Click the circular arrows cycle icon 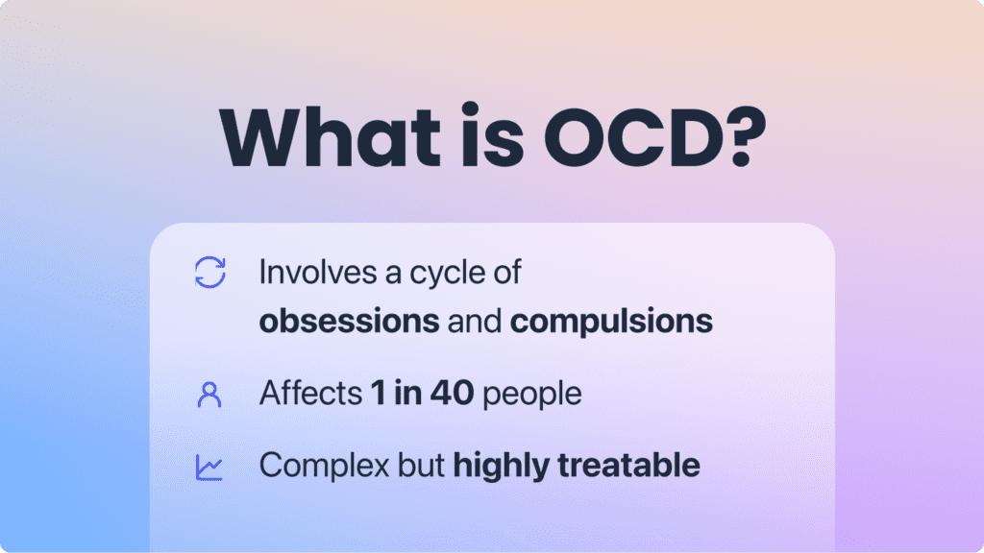[x=209, y=272]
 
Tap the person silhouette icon [x=209, y=394]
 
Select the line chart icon [x=209, y=467]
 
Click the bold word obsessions [x=348, y=321]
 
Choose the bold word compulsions [x=611, y=322]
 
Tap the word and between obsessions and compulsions [x=474, y=321]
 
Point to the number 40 [x=452, y=394]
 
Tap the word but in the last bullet [x=420, y=467]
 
